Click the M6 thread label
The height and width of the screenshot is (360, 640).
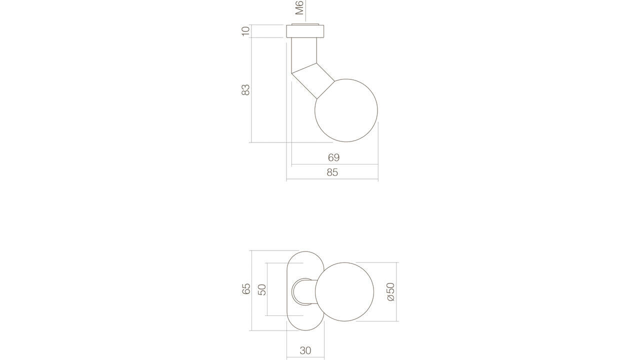coord(299,7)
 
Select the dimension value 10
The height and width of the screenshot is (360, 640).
coord(245,30)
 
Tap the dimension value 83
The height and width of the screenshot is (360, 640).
coord(245,90)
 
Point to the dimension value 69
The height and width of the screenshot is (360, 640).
coord(333,157)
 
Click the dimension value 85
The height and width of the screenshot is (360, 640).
coord(332,172)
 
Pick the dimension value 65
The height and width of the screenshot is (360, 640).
coord(246,289)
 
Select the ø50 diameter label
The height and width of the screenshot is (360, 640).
coord(391,291)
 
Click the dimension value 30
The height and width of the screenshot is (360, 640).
coord(305,350)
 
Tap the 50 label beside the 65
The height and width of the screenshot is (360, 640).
coord(262,289)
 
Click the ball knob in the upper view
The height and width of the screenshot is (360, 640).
coord(346,110)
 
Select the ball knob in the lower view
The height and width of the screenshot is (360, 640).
coord(344,291)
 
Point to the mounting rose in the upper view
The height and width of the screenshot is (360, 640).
coord(305,31)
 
